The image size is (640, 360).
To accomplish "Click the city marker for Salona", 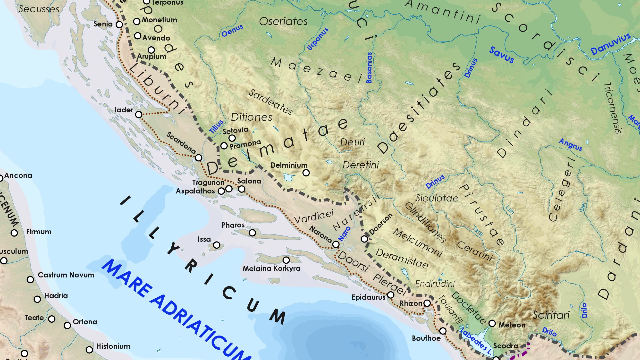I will (x=242, y=189).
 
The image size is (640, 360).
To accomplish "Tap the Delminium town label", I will (x=289, y=165).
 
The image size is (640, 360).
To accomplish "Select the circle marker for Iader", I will (x=139, y=115).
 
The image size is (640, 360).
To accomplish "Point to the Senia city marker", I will (x=119, y=24).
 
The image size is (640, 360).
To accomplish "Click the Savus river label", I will (x=502, y=55).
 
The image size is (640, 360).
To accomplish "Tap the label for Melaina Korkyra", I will (x=271, y=268).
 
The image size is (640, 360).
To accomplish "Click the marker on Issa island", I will (x=217, y=245).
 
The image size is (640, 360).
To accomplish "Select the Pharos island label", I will (x=233, y=225).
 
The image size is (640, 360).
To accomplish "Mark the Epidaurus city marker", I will (x=391, y=295).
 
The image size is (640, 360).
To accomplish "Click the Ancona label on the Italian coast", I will (x=18, y=176).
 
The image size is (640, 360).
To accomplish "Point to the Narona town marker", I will (x=336, y=244).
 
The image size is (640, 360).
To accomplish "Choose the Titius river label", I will (x=216, y=127).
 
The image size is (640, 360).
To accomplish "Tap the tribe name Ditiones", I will (x=251, y=117).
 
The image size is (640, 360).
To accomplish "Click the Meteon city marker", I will (x=492, y=323).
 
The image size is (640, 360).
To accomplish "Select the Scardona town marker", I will (x=199, y=158).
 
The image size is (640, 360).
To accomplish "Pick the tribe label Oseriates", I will (x=283, y=21).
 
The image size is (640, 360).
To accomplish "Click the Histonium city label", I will (x=113, y=346).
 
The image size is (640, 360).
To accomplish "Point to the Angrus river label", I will (x=571, y=145).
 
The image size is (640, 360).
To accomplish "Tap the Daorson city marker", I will (x=364, y=239).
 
